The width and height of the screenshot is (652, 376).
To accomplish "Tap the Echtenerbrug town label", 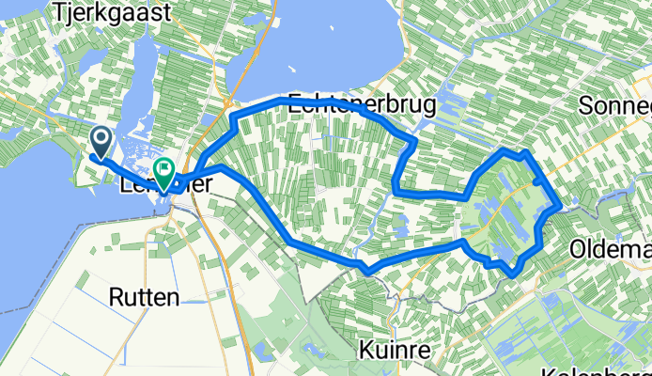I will pyautogui.click(x=362, y=104).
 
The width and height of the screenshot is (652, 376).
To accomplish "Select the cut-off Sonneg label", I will pyautogui.click(x=615, y=104).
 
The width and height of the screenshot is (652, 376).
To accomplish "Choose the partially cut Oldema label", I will pyautogui.click(x=610, y=251).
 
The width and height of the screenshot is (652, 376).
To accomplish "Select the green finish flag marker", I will pyautogui.click(x=164, y=172).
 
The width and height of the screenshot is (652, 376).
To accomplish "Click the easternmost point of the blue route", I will pyautogui.click(x=560, y=205).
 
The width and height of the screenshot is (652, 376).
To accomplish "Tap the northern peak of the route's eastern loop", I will pyautogui.click(x=507, y=150).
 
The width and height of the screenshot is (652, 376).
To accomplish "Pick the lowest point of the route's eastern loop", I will pyautogui.click(x=510, y=274).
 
